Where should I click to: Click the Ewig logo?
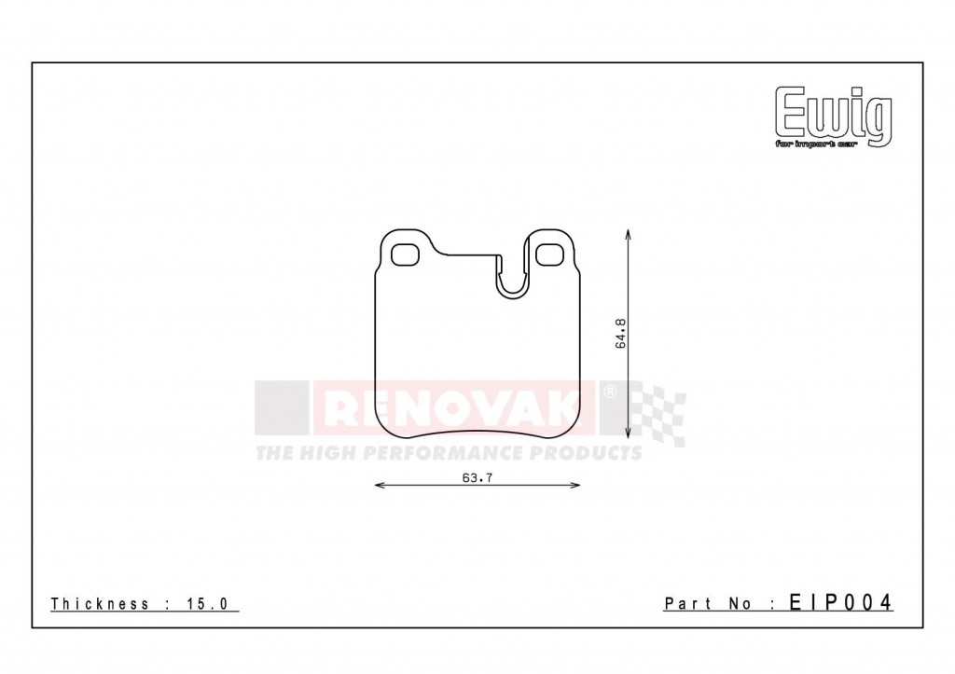click(x=834, y=113)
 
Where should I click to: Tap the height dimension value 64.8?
click(x=620, y=334)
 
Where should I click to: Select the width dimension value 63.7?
click(x=476, y=478)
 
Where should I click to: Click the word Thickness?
click(x=100, y=604)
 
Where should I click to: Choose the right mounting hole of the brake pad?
click(x=550, y=253)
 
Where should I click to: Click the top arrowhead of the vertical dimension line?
click(x=629, y=234)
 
